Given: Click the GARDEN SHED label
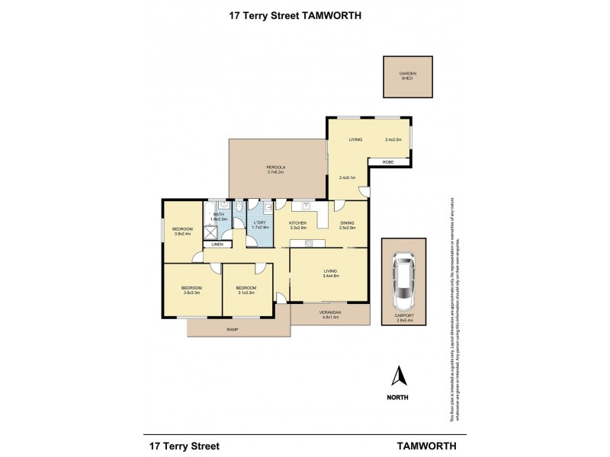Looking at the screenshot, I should pyautogui.click(x=409, y=75).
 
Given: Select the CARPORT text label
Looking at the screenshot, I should pyautogui.click(x=403, y=315).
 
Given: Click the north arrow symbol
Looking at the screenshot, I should pyautogui.click(x=396, y=376).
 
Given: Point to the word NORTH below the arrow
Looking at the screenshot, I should pyautogui.click(x=396, y=398).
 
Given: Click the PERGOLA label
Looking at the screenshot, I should pyautogui.click(x=275, y=167).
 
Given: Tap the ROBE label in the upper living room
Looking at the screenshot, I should pyautogui.click(x=377, y=162).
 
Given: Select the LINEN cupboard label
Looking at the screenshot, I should pyautogui.click(x=217, y=244).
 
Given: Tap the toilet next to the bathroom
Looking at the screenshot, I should pyautogui.click(x=239, y=206).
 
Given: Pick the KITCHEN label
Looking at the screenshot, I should pyautogui.click(x=297, y=222).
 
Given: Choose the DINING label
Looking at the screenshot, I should pyautogui.click(x=348, y=222).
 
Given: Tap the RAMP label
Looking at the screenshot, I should pyautogui.click(x=232, y=329).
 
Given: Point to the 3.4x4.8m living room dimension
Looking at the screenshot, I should pyautogui.click(x=329, y=275).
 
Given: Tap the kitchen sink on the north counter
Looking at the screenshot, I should pyautogui.click(x=306, y=205).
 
